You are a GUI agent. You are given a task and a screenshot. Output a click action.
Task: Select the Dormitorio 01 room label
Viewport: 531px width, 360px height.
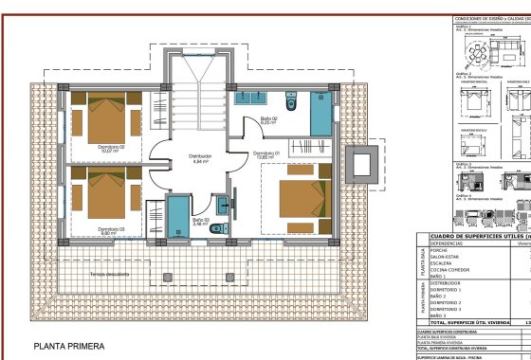coord(267,152)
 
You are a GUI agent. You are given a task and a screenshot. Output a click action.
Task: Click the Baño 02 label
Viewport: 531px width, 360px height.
coord(269,119)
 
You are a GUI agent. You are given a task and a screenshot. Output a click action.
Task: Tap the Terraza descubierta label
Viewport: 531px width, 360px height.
coord(110,273)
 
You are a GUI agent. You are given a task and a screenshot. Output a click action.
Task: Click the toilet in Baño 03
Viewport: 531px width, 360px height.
coord(218,228)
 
